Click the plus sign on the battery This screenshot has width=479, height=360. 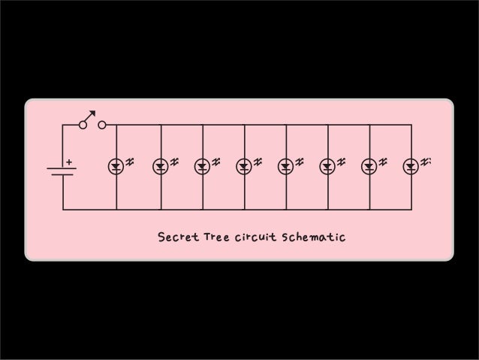pyautogui.click(x=68, y=162)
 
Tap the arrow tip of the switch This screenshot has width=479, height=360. pyautogui.click(x=94, y=112)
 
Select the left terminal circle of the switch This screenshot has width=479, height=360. pyautogui.click(x=82, y=125)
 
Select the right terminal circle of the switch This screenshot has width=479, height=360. pyautogui.click(x=101, y=125)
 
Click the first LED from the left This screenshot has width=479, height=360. pyautogui.click(x=116, y=166)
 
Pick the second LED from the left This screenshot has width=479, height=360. pyautogui.click(x=161, y=166)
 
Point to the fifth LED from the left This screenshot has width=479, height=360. pyautogui.click(x=286, y=166)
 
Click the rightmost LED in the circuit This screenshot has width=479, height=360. pyautogui.click(x=411, y=166)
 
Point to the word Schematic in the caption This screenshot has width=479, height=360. pyautogui.click(x=312, y=238)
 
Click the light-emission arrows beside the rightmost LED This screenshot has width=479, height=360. pyautogui.click(x=426, y=162)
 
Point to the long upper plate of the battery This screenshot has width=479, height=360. pyautogui.click(x=62, y=168)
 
